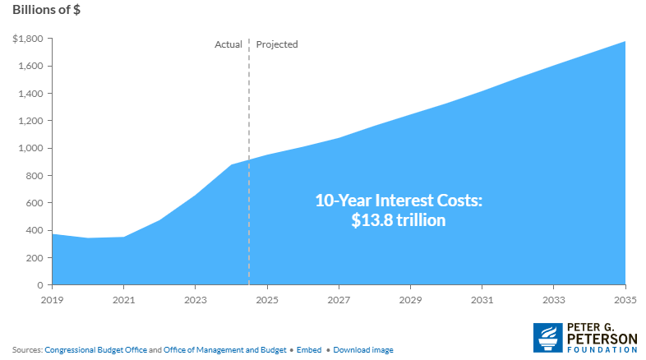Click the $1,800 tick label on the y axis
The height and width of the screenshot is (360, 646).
pyautogui.click(x=27, y=39)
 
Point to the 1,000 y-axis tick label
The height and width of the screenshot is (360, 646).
pyautogui.click(x=30, y=148)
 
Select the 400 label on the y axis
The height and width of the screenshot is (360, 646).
pyautogui.click(x=35, y=230)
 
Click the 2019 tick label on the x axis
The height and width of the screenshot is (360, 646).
pyautogui.click(x=52, y=300)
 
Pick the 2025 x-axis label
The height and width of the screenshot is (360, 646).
pyautogui.click(x=266, y=300)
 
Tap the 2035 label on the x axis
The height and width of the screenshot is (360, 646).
pyautogui.click(x=625, y=300)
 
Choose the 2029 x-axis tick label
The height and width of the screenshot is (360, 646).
pyautogui.click(x=410, y=300)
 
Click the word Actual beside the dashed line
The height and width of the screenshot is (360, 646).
pyautogui.click(x=228, y=44)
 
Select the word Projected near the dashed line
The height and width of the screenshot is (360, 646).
pyautogui.click(x=277, y=44)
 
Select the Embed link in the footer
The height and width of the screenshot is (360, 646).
pyautogui.click(x=308, y=349)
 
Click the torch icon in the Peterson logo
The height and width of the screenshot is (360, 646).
pyautogui.click(x=547, y=337)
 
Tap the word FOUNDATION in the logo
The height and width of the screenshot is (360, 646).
pyautogui.click(x=600, y=347)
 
